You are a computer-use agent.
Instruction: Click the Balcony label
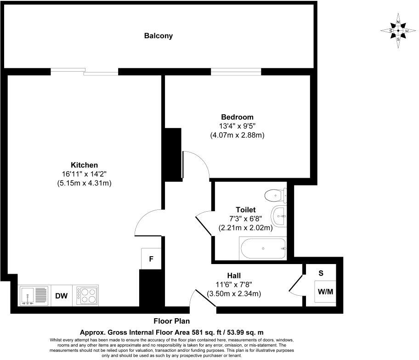click(x=159, y=36)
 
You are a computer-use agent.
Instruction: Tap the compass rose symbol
click(x=398, y=31)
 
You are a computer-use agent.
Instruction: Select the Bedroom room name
click(x=237, y=117)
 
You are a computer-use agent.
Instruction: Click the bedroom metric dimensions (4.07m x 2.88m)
click(x=237, y=135)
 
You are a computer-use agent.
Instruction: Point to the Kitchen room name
click(x=84, y=165)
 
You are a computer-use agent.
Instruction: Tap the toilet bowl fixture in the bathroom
click(x=274, y=196)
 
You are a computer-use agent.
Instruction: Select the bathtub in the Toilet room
click(x=263, y=248)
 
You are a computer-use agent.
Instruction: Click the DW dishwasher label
click(x=62, y=296)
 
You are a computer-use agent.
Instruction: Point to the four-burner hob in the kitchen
click(x=87, y=296)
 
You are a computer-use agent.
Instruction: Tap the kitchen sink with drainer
click(x=34, y=296)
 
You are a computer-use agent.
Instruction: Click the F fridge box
click(x=151, y=259)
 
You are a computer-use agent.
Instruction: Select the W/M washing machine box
click(x=326, y=291)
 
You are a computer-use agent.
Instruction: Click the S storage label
click(x=321, y=273)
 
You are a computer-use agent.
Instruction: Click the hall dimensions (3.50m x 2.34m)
click(x=234, y=293)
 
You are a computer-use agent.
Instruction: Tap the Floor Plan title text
click(x=171, y=321)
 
